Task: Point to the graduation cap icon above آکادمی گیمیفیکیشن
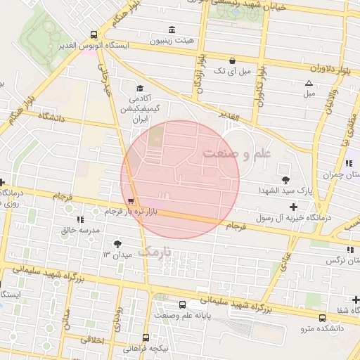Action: tap(139, 89)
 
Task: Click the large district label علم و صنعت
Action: tap(231, 153)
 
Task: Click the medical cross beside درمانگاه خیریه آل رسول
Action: tap(293, 207)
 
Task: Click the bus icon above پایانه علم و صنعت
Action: tap(183, 305)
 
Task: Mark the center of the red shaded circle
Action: tap(181, 179)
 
